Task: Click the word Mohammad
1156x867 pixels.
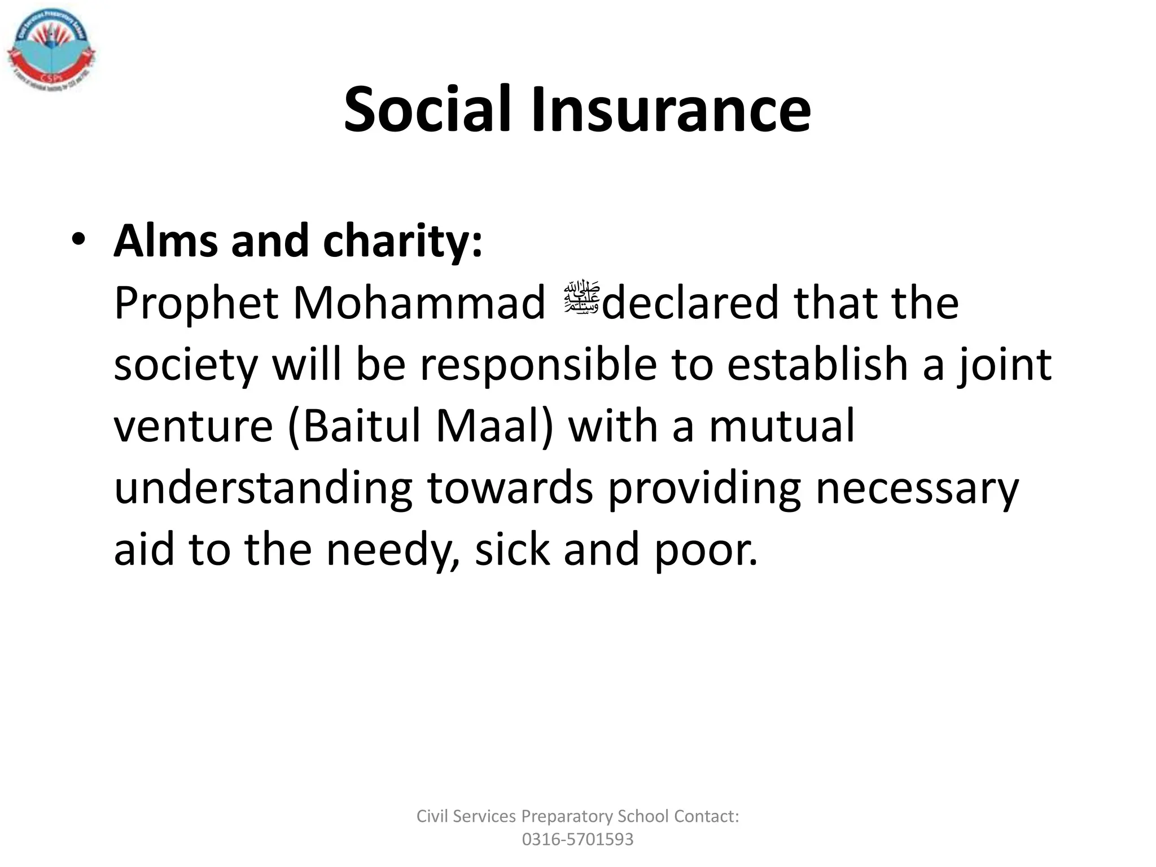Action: point(419,304)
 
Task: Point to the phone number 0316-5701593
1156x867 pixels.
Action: point(577,839)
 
